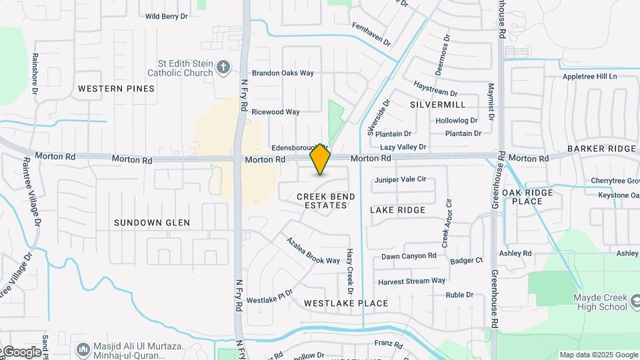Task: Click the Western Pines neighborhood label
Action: pos(116,89)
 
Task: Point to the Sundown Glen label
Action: pos(152,223)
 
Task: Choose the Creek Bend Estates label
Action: pos(326,201)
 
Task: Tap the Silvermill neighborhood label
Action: pos(437,105)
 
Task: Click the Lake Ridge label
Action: pos(397,210)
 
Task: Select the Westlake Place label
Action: pos(346,303)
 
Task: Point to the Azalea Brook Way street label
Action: pos(313,251)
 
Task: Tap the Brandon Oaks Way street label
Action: pos(282,73)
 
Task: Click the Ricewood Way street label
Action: pos(275,112)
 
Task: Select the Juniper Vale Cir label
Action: pos(400,180)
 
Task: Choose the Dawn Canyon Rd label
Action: pos(409,256)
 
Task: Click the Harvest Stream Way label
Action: pos(411,281)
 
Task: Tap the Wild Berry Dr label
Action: pos(166,16)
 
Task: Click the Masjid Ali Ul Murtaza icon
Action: pos(83,349)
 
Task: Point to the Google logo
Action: pos(21,351)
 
